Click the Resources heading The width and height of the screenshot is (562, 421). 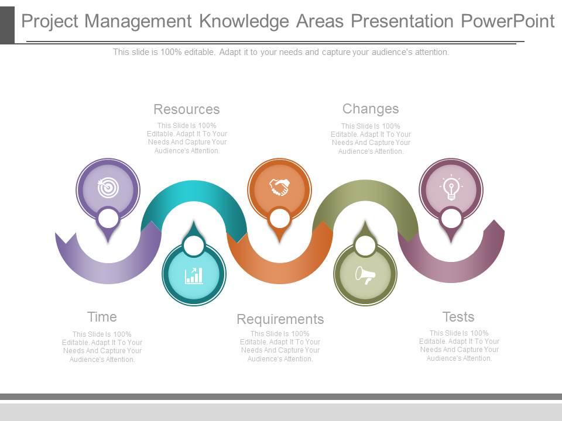click(x=186, y=109)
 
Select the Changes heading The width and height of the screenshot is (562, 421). click(x=371, y=109)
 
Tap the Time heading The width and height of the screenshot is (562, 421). click(x=102, y=317)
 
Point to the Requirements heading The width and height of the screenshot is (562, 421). click(x=280, y=319)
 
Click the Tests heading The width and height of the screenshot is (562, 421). click(x=458, y=317)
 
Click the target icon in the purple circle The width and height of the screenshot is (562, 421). click(x=108, y=188)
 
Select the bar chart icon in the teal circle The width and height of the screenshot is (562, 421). click(x=194, y=275)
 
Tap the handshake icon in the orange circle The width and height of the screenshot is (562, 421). click(x=280, y=188)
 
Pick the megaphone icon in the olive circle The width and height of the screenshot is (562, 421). click(x=365, y=275)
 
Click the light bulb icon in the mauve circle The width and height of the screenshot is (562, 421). click(x=451, y=188)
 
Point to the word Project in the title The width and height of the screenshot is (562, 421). click(x=50, y=22)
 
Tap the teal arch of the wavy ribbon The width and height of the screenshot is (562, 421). click(x=193, y=193)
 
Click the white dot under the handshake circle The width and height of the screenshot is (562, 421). click(x=280, y=219)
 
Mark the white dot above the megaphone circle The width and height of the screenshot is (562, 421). click(x=365, y=246)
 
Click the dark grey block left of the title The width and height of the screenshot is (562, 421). click(x=7, y=22)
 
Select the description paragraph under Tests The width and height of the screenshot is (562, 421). click(x=460, y=346)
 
